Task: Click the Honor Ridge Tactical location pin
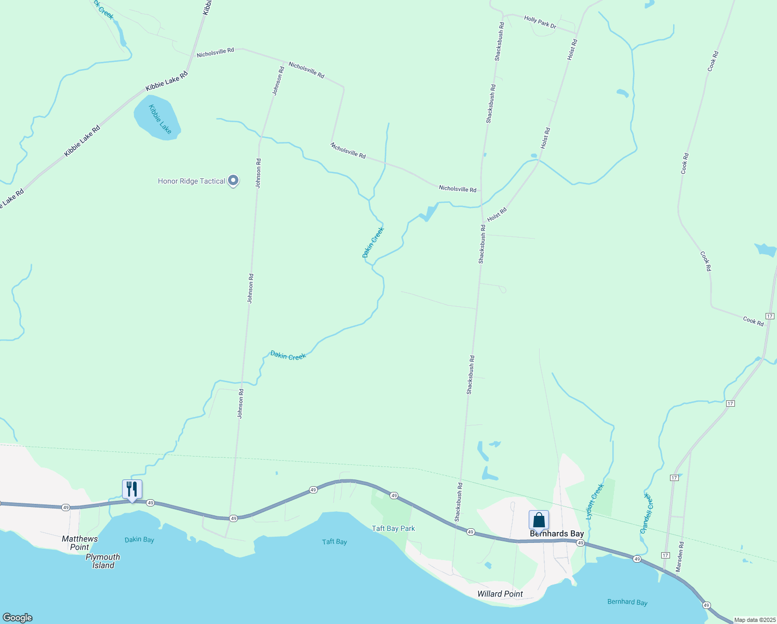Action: (233, 180)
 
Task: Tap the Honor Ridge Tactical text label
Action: (191, 181)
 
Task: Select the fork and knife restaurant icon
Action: (132, 489)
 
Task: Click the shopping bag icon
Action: (539, 519)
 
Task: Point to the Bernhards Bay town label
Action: (556, 534)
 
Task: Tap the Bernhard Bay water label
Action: (627, 602)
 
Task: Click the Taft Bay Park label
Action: (393, 528)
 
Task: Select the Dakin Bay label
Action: (139, 540)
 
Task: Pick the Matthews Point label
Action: (79, 543)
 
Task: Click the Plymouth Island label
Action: (103, 561)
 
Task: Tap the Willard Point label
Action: (500, 594)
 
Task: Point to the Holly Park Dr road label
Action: (540, 22)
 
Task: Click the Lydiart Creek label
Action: (595, 501)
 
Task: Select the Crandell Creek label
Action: (647, 513)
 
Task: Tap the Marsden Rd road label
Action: (680, 557)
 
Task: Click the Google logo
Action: (18, 618)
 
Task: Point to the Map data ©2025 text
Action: (754, 620)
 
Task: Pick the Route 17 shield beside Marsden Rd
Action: (665, 555)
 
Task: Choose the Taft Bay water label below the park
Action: (334, 542)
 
